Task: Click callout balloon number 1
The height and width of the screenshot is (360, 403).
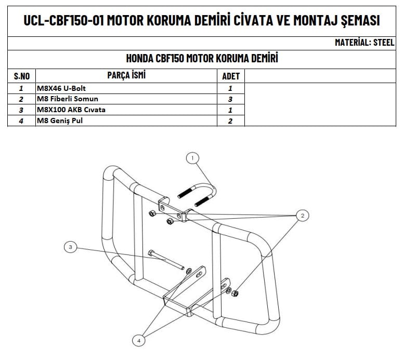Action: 192,158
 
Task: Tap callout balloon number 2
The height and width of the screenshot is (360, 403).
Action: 302,215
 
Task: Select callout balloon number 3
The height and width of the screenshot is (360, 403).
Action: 70,247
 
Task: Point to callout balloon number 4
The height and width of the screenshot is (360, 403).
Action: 139,340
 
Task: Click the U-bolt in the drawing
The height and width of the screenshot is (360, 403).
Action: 197,195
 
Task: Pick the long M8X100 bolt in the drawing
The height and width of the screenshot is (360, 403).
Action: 166,260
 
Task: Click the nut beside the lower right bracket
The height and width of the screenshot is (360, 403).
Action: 235,294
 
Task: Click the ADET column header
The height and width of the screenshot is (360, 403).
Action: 231,76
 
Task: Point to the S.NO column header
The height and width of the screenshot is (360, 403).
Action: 22,76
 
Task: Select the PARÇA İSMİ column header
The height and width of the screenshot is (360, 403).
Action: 126,75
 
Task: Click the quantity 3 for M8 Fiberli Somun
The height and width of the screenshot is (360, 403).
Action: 230,99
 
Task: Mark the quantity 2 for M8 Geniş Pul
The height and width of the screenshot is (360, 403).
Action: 230,121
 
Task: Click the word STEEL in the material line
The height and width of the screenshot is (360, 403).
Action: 384,43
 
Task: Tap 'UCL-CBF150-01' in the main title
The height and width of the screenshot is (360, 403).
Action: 64,20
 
